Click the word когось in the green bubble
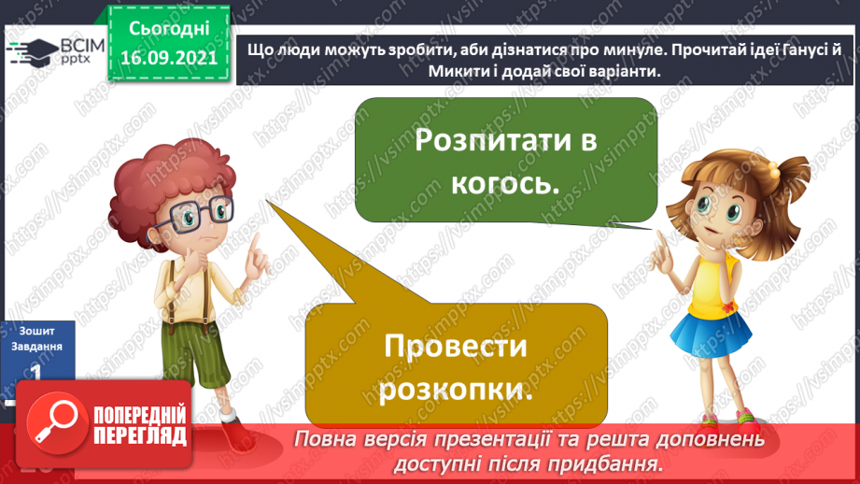(504, 182)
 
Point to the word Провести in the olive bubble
(456, 349)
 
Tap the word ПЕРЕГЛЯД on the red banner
(140, 435)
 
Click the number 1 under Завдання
(35, 372)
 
